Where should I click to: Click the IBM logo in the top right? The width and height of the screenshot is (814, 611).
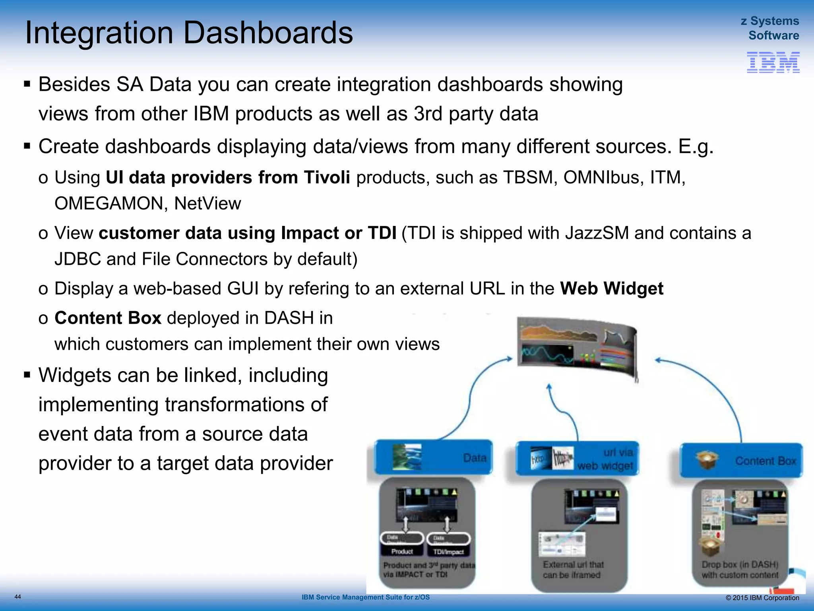[x=773, y=62]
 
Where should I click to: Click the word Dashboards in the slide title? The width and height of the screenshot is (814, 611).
[x=268, y=33]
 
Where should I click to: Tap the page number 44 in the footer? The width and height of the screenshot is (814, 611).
[x=17, y=597]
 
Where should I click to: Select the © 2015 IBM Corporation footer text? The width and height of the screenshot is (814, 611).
[x=762, y=598]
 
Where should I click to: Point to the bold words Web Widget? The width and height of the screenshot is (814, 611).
[x=611, y=288]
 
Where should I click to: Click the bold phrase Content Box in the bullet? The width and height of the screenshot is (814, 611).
[x=108, y=318]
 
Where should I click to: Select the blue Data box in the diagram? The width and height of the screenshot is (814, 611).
[x=433, y=457]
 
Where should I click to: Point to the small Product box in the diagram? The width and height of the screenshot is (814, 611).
[x=402, y=551]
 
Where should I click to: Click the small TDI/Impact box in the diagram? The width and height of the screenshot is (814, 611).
[x=448, y=552]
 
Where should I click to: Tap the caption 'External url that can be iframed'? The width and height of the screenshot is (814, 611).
[x=573, y=570]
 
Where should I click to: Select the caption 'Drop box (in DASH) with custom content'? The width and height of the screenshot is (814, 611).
[x=740, y=570]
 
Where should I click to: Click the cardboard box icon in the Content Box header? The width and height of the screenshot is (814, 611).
[x=707, y=460]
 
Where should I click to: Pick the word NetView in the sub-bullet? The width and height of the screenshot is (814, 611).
[x=207, y=204]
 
